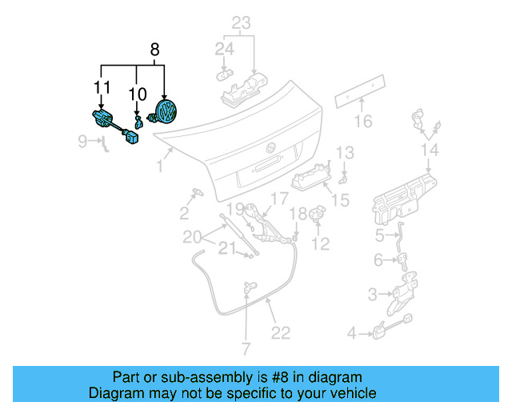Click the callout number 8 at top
pyautogui.click(x=155, y=50)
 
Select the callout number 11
pyautogui.click(x=101, y=86)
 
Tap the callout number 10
pyautogui.click(x=138, y=95)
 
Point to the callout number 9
pyautogui.click(x=83, y=142)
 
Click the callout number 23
pyautogui.click(x=242, y=23)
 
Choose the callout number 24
pyautogui.click(x=224, y=50)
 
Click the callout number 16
pyautogui.click(x=363, y=122)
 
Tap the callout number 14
pyautogui.click(x=430, y=150)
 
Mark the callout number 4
pyautogui.click(x=351, y=332)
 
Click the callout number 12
pyautogui.click(x=320, y=244)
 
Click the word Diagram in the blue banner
pyautogui.click(x=116, y=393)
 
